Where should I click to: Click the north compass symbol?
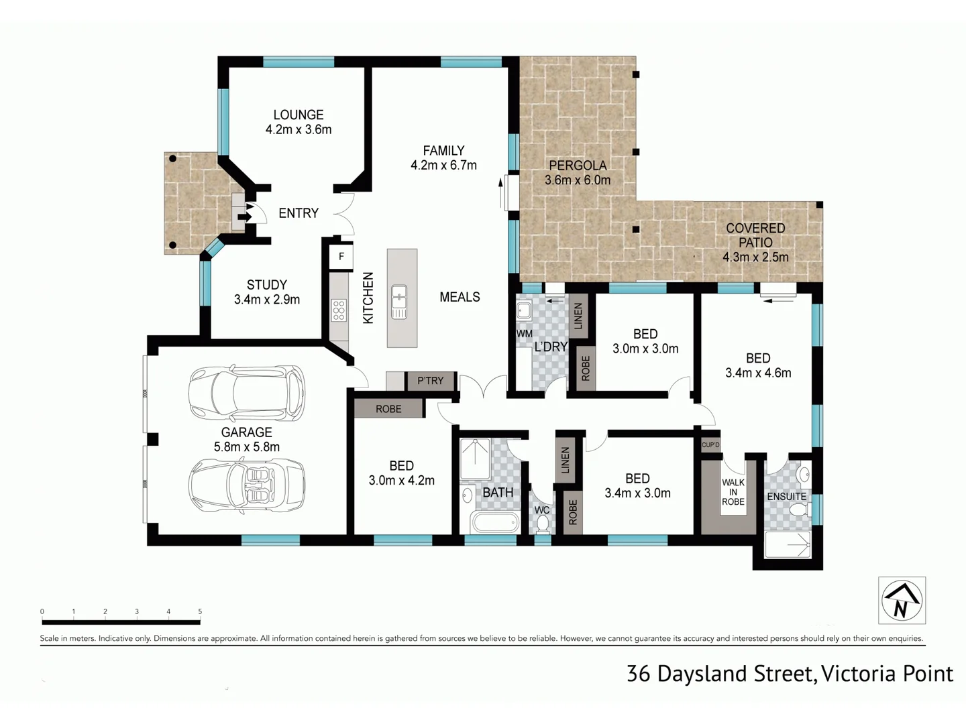pos(902,600)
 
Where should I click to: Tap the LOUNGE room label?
pos(299,115)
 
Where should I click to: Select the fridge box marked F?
pos(341,256)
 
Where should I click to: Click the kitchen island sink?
pos(400,301)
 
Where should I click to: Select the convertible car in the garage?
pos(246,485)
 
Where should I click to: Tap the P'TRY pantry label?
pos(430,381)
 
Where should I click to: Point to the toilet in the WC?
pos(542,526)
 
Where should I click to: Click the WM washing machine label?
pos(524,333)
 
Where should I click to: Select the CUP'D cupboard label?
pos(710,445)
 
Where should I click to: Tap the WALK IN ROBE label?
pos(733,492)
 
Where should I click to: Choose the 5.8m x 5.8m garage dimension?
pos(246,447)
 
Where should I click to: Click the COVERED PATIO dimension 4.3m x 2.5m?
pos(755,257)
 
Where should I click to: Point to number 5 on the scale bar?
pos(200,611)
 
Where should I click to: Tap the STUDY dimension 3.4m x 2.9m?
pos(266,300)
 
